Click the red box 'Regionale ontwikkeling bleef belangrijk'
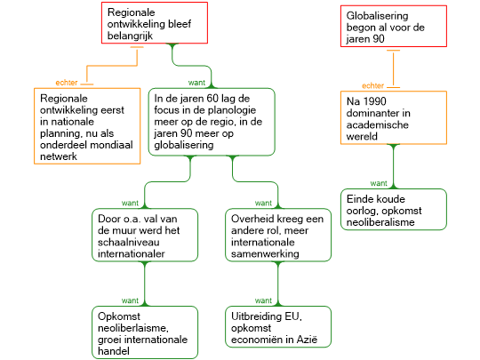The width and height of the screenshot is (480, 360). [x=155, y=23]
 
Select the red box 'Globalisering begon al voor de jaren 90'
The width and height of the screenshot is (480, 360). [x=394, y=27]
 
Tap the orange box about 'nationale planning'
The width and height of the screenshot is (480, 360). [x=87, y=126]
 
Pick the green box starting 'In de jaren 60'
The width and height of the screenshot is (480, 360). [x=212, y=122]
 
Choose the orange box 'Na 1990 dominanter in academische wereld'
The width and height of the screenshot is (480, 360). [x=394, y=117]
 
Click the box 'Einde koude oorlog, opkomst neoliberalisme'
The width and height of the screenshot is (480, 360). [x=394, y=210]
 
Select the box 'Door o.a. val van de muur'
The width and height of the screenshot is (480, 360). [x=145, y=235]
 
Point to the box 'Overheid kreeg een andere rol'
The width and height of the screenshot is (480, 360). [x=278, y=235]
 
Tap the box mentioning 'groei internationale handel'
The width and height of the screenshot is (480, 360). [x=145, y=332]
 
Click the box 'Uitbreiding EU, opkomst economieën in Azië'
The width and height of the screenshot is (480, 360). [x=278, y=326]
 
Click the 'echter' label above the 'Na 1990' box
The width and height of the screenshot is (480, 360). [x=372, y=85]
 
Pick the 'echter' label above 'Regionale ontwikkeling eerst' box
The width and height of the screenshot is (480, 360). [x=67, y=83]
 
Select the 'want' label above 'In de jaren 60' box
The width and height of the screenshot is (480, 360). [x=196, y=83]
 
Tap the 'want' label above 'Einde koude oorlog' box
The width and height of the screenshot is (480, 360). [x=379, y=183]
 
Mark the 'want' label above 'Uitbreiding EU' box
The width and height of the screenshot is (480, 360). [x=263, y=300]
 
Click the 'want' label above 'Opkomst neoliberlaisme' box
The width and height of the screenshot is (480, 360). [x=130, y=300]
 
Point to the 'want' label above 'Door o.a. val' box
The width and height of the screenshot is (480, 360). [x=130, y=204]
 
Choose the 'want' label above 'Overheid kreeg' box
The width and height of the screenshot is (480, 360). [x=263, y=204]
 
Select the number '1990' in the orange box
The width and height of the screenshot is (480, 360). [x=374, y=101]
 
